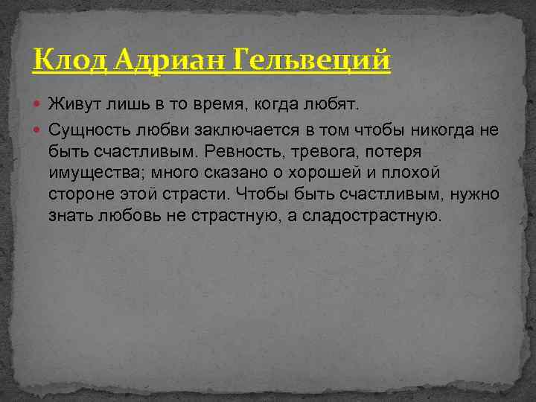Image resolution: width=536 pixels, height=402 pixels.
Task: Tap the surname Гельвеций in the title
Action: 313,60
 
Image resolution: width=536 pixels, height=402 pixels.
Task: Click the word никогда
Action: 436,131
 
